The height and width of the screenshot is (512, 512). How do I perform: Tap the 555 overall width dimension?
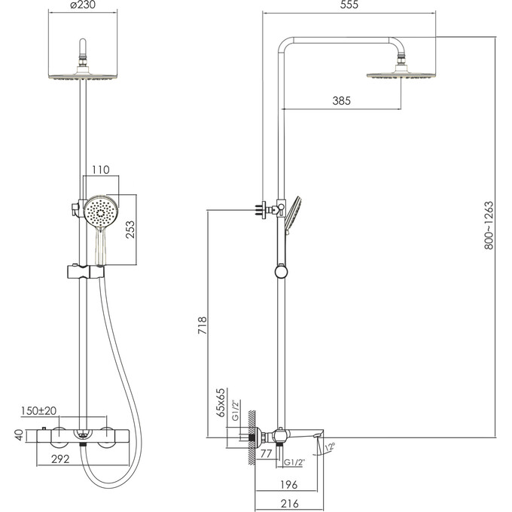349,5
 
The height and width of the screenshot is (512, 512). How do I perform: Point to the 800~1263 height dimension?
489,225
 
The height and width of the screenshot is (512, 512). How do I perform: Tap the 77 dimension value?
265,454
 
